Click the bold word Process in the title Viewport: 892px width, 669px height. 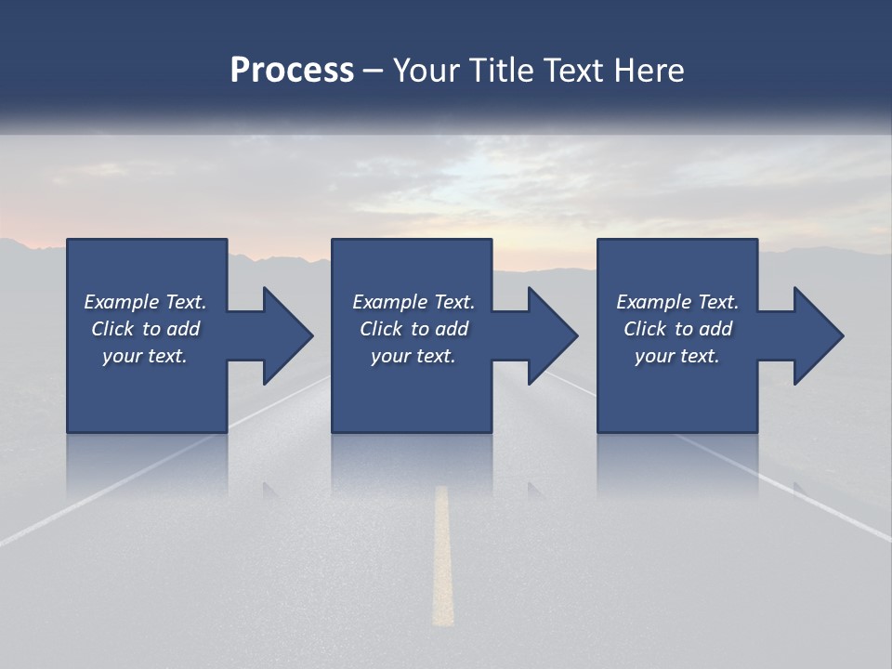292,70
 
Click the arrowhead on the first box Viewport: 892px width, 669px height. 283,335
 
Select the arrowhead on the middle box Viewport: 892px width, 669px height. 548,335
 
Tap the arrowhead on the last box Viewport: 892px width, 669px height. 814,335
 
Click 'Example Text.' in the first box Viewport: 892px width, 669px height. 145,302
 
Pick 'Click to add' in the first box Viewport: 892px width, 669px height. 145,329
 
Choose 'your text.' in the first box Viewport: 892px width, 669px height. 145,356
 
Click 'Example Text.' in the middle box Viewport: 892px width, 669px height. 413,302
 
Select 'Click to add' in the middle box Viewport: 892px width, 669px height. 413,329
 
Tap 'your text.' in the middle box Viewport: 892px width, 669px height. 413,356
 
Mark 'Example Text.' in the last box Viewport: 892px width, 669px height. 677,302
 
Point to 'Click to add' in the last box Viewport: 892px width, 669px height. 677,329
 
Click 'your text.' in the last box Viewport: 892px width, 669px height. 677,356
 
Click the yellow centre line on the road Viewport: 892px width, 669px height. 442,557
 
